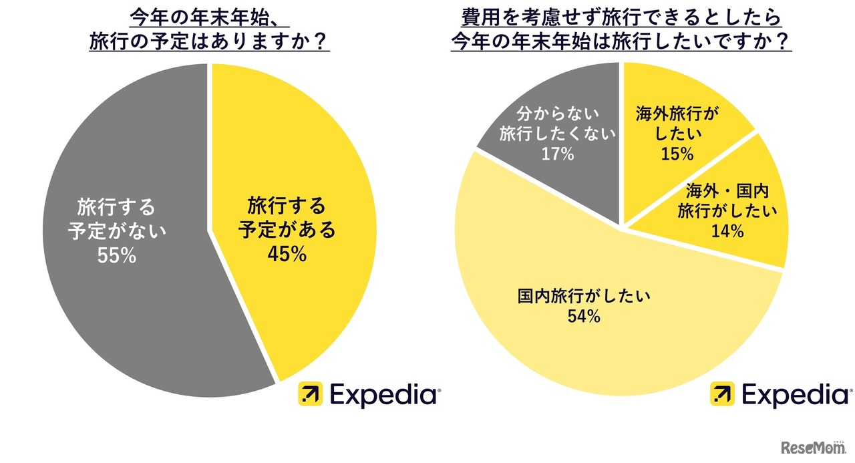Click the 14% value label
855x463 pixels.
click(727, 231)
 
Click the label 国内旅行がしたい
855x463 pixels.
click(583, 295)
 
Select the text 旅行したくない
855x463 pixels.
click(558, 134)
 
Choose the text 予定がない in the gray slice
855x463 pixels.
click(116, 231)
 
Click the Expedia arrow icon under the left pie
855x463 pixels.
click(310, 394)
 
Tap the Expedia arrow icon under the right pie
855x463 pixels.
click(722, 394)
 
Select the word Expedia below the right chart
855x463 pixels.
click(796, 394)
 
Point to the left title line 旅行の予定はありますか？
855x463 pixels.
click(209, 41)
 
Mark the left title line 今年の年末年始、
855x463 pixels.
click(209, 17)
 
